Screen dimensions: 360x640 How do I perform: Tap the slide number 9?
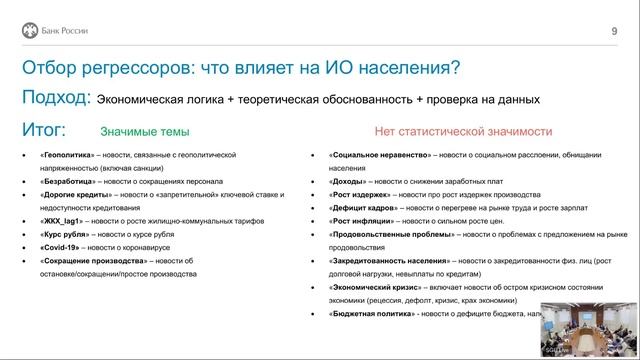613,31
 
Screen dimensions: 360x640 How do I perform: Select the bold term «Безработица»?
67,182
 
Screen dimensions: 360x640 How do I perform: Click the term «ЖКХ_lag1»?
62,225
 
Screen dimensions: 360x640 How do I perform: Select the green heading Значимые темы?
144,131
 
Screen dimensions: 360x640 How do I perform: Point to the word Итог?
44,130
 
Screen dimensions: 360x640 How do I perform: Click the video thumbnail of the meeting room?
589,328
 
